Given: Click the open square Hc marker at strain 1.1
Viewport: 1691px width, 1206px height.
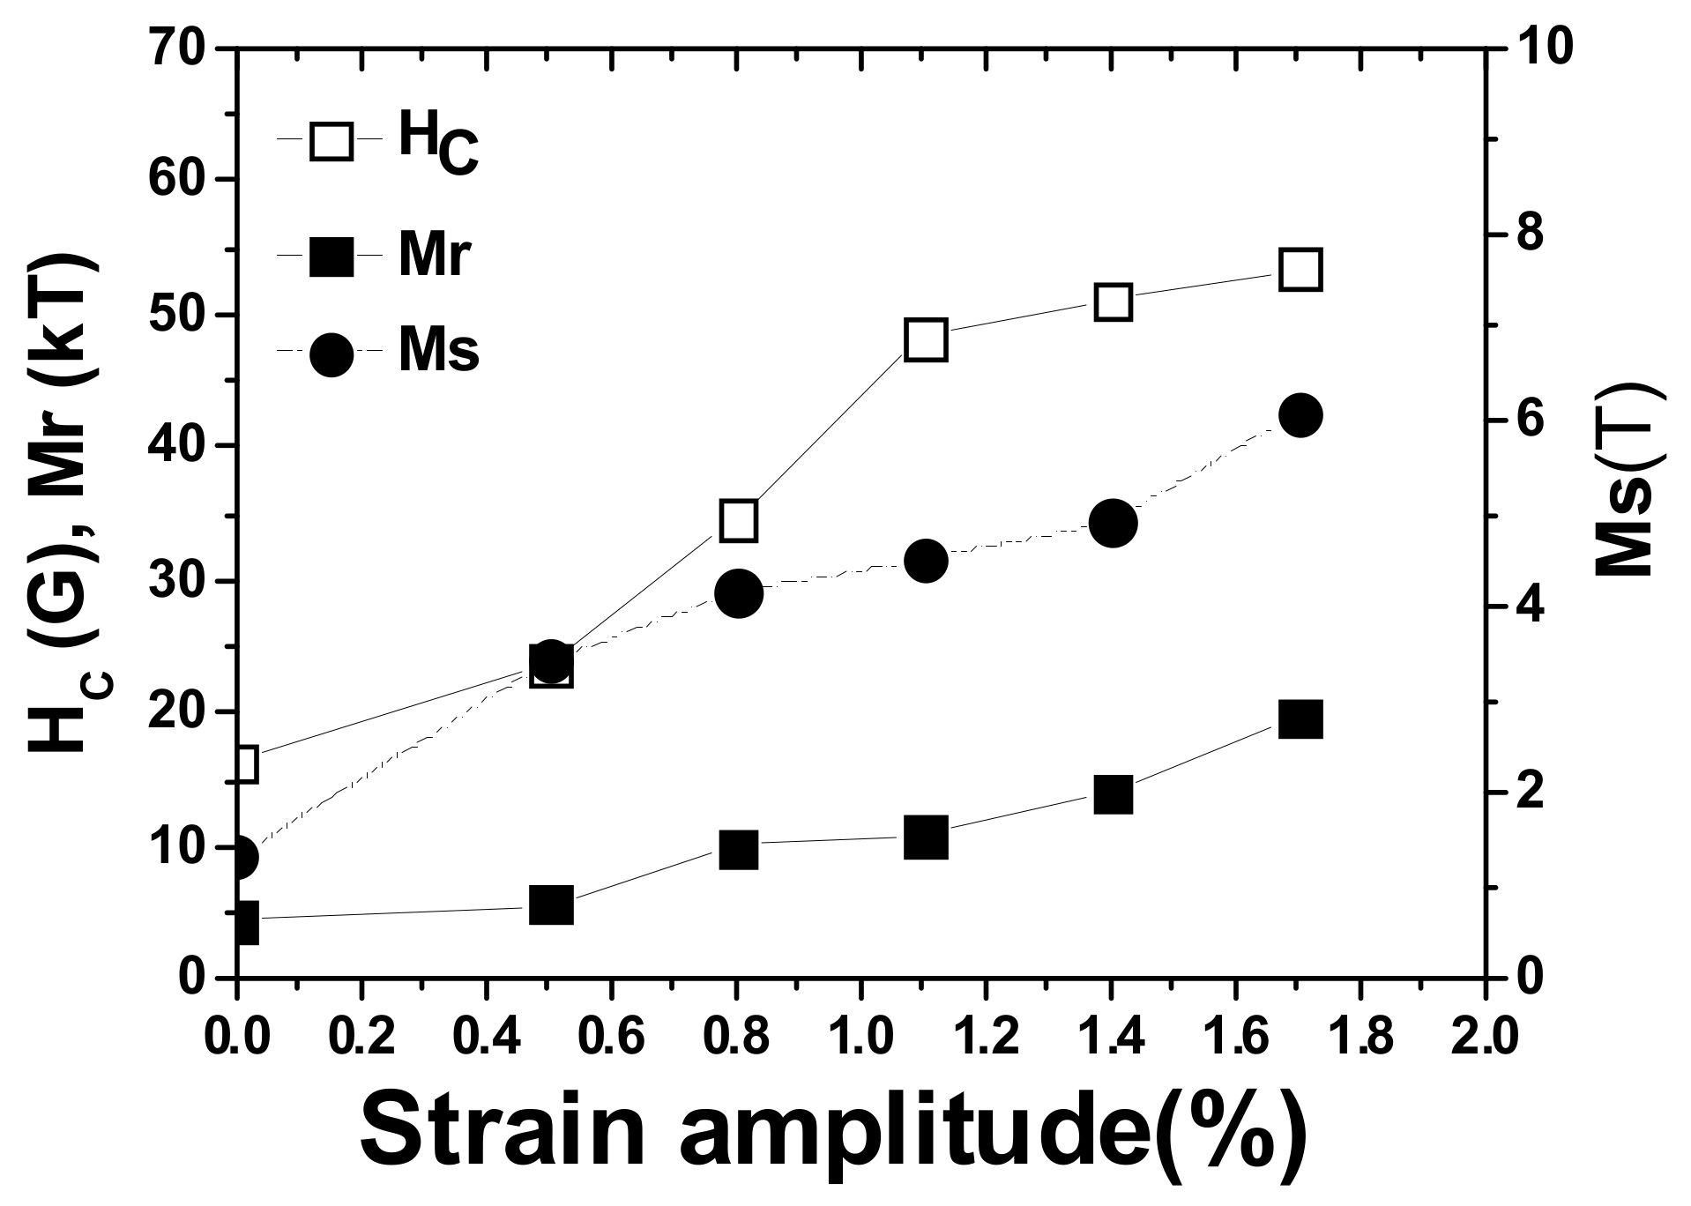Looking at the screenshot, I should pyautogui.click(x=926, y=340).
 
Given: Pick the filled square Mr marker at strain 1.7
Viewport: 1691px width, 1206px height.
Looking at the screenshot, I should pyautogui.click(x=1300, y=719).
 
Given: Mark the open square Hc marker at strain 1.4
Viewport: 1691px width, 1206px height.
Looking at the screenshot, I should pyautogui.click(x=1113, y=302).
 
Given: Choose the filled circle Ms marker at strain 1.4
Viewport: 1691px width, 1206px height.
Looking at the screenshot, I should pyautogui.click(x=1113, y=523).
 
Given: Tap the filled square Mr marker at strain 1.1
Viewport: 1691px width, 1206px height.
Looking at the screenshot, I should pyautogui.click(x=926, y=837).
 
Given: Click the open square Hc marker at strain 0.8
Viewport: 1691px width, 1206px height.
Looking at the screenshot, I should pyautogui.click(x=739, y=520).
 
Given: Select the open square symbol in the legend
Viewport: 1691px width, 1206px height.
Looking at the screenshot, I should pyautogui.click(x=331, y=139).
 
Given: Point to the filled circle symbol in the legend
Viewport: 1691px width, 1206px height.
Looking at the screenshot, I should pyautogui.click(x=331, y=353).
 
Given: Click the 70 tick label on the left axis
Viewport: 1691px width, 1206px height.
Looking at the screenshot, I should pyautogui.click(x=176, y=48).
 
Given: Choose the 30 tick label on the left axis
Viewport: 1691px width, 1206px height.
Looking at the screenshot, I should pyautogui.click(x=176, y=580).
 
